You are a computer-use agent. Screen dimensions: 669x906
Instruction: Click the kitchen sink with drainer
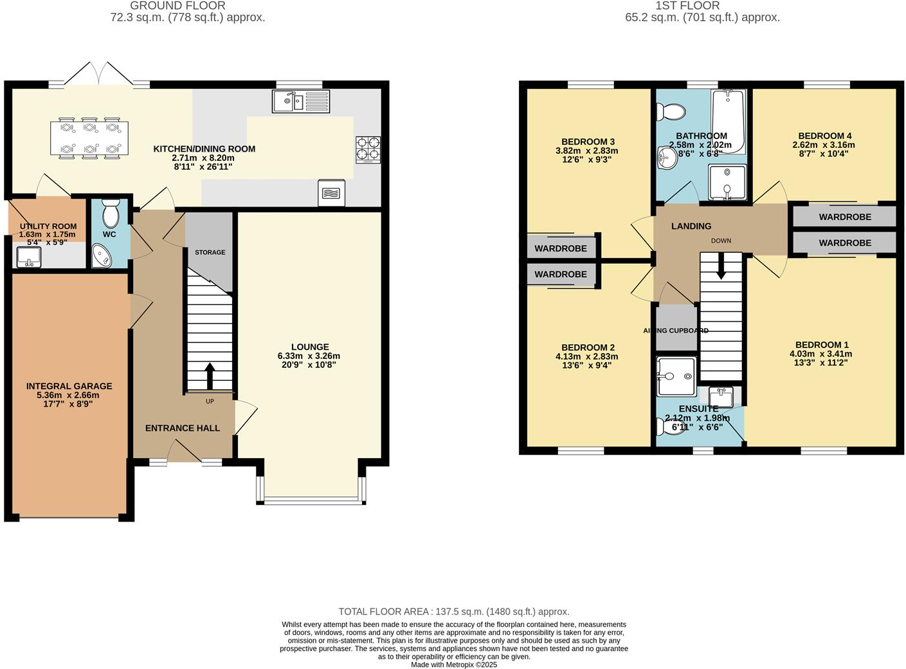pos(300,101)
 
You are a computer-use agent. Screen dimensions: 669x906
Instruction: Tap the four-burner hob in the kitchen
pos(368,149)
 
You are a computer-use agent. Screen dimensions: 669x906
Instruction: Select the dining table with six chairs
pos(89,138)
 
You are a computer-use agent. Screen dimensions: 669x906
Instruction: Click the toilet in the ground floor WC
pos(111,213)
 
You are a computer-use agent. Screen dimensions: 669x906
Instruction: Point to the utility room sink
pos(28,257)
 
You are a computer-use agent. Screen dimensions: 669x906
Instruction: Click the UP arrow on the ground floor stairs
pos(210,376)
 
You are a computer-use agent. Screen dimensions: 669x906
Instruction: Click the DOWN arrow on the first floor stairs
pos(721,265)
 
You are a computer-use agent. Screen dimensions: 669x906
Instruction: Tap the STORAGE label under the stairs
pos(210,252)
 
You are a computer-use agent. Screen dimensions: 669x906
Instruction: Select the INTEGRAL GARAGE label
pos(69,386)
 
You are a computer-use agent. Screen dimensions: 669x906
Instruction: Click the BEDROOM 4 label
pos(824,136)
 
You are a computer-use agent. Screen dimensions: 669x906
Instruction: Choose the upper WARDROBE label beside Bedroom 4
pos(845,217)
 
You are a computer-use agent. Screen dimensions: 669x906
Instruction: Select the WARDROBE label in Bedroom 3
pos(561,248)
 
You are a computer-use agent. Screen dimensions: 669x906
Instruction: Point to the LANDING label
pos(691,226)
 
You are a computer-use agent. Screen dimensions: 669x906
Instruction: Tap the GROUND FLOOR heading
pos(177,6)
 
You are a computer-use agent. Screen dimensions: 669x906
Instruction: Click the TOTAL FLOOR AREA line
pos(454,612)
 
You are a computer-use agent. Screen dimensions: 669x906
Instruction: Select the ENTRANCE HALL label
pos(183,428)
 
